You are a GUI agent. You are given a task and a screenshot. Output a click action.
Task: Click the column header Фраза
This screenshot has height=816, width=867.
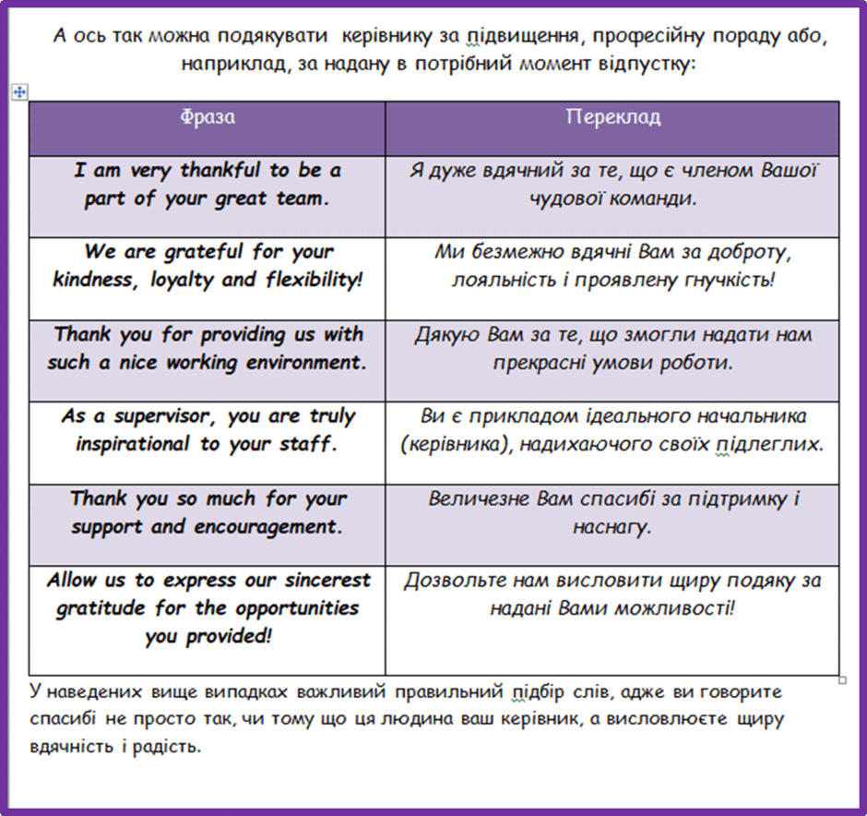208,116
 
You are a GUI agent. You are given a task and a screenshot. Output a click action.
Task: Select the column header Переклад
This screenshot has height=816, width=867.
612,117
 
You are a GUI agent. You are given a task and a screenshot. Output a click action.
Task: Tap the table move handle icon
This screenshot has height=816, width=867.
19,91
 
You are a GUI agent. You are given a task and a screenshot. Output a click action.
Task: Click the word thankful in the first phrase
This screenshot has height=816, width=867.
220,170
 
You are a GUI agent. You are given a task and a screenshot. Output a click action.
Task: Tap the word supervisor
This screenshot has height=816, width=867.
161,416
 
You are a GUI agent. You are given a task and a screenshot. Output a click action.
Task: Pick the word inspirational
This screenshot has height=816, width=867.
133,444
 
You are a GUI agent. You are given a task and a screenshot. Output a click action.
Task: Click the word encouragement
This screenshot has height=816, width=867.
265,527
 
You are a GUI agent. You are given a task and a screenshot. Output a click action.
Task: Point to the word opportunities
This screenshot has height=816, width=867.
297,608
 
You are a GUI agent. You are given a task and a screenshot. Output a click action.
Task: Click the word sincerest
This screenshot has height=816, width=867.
327,581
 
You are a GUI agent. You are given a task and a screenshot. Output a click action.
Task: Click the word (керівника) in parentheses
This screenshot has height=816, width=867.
455,444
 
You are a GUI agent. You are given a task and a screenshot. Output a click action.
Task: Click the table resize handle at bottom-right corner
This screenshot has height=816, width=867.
843,680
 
